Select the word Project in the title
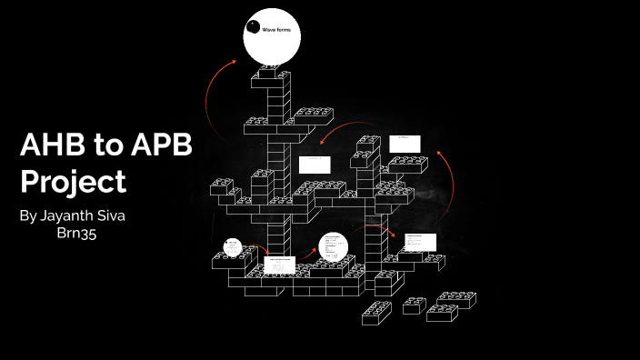[73, 182]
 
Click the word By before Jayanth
[28, 216]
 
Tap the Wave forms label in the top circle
[275, 31]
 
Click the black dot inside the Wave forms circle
[253, 26]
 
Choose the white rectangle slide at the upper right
[405, 144]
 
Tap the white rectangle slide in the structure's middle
[315, 165]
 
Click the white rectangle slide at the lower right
[421, 242]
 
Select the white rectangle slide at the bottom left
[279, 265]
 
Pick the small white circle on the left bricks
[233, 247]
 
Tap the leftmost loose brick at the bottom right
[376, 312]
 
